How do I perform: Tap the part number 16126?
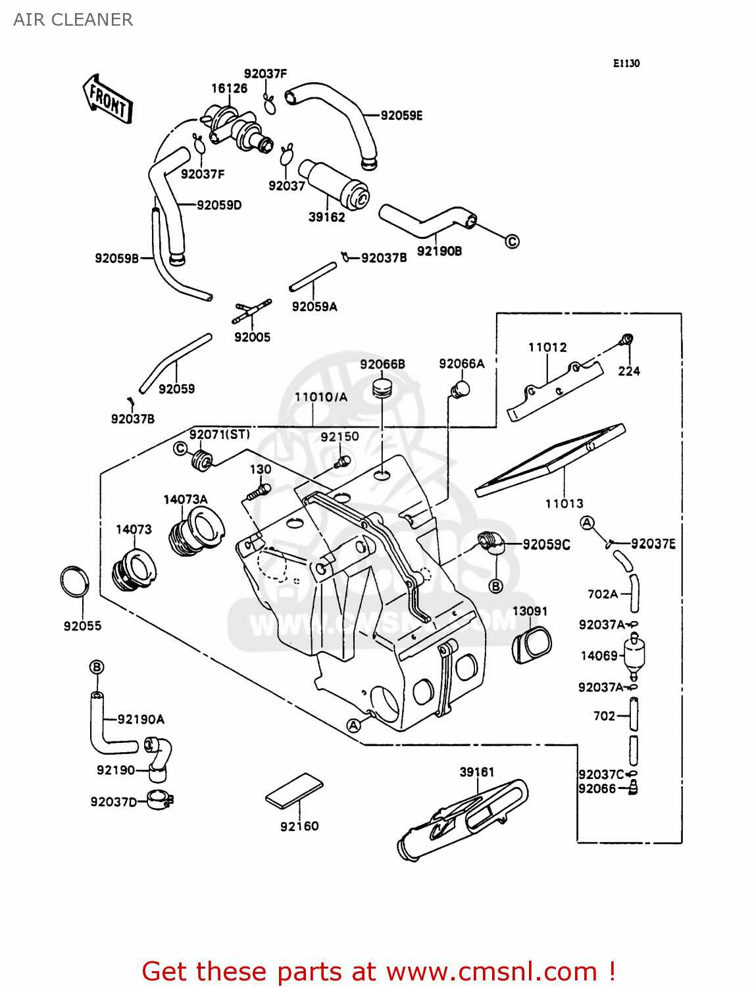pyautogui.click(x=229, y=88)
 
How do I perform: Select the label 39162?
pyautogui.click(x=326, y=217)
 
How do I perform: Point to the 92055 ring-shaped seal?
pyautogui.click(x=74, y=581)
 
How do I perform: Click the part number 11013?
pyautogui.click(x=564, y=503)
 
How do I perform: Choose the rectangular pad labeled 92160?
pyautogui.click(x=294, y=790)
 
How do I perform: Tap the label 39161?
pyautogui.click(x=476, y=772)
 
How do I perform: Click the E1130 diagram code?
pyautogui.click(x=626, y=63)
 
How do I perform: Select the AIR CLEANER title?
pyautogui.click(x=73, y=20)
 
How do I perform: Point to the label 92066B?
pyautogui.click(x=382, y=365)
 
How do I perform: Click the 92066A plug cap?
pyautogui.click(x=460, y=390)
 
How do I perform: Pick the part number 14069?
pyautogui.click(x=599, y=655)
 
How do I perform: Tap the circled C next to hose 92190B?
pyautogui.click(x=512, y=241)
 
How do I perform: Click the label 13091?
pyautogui.click(x=530, y=611)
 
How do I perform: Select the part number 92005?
pyautogui.click(x=252, y=337)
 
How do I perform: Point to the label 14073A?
pyautogui.click(x=185, y=499)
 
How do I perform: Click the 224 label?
pyautogui.click(x=629, y=371)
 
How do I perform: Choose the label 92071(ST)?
pyautogui.click(x=219, y=434)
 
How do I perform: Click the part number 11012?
pyautogui.click(x=547, y=347)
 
